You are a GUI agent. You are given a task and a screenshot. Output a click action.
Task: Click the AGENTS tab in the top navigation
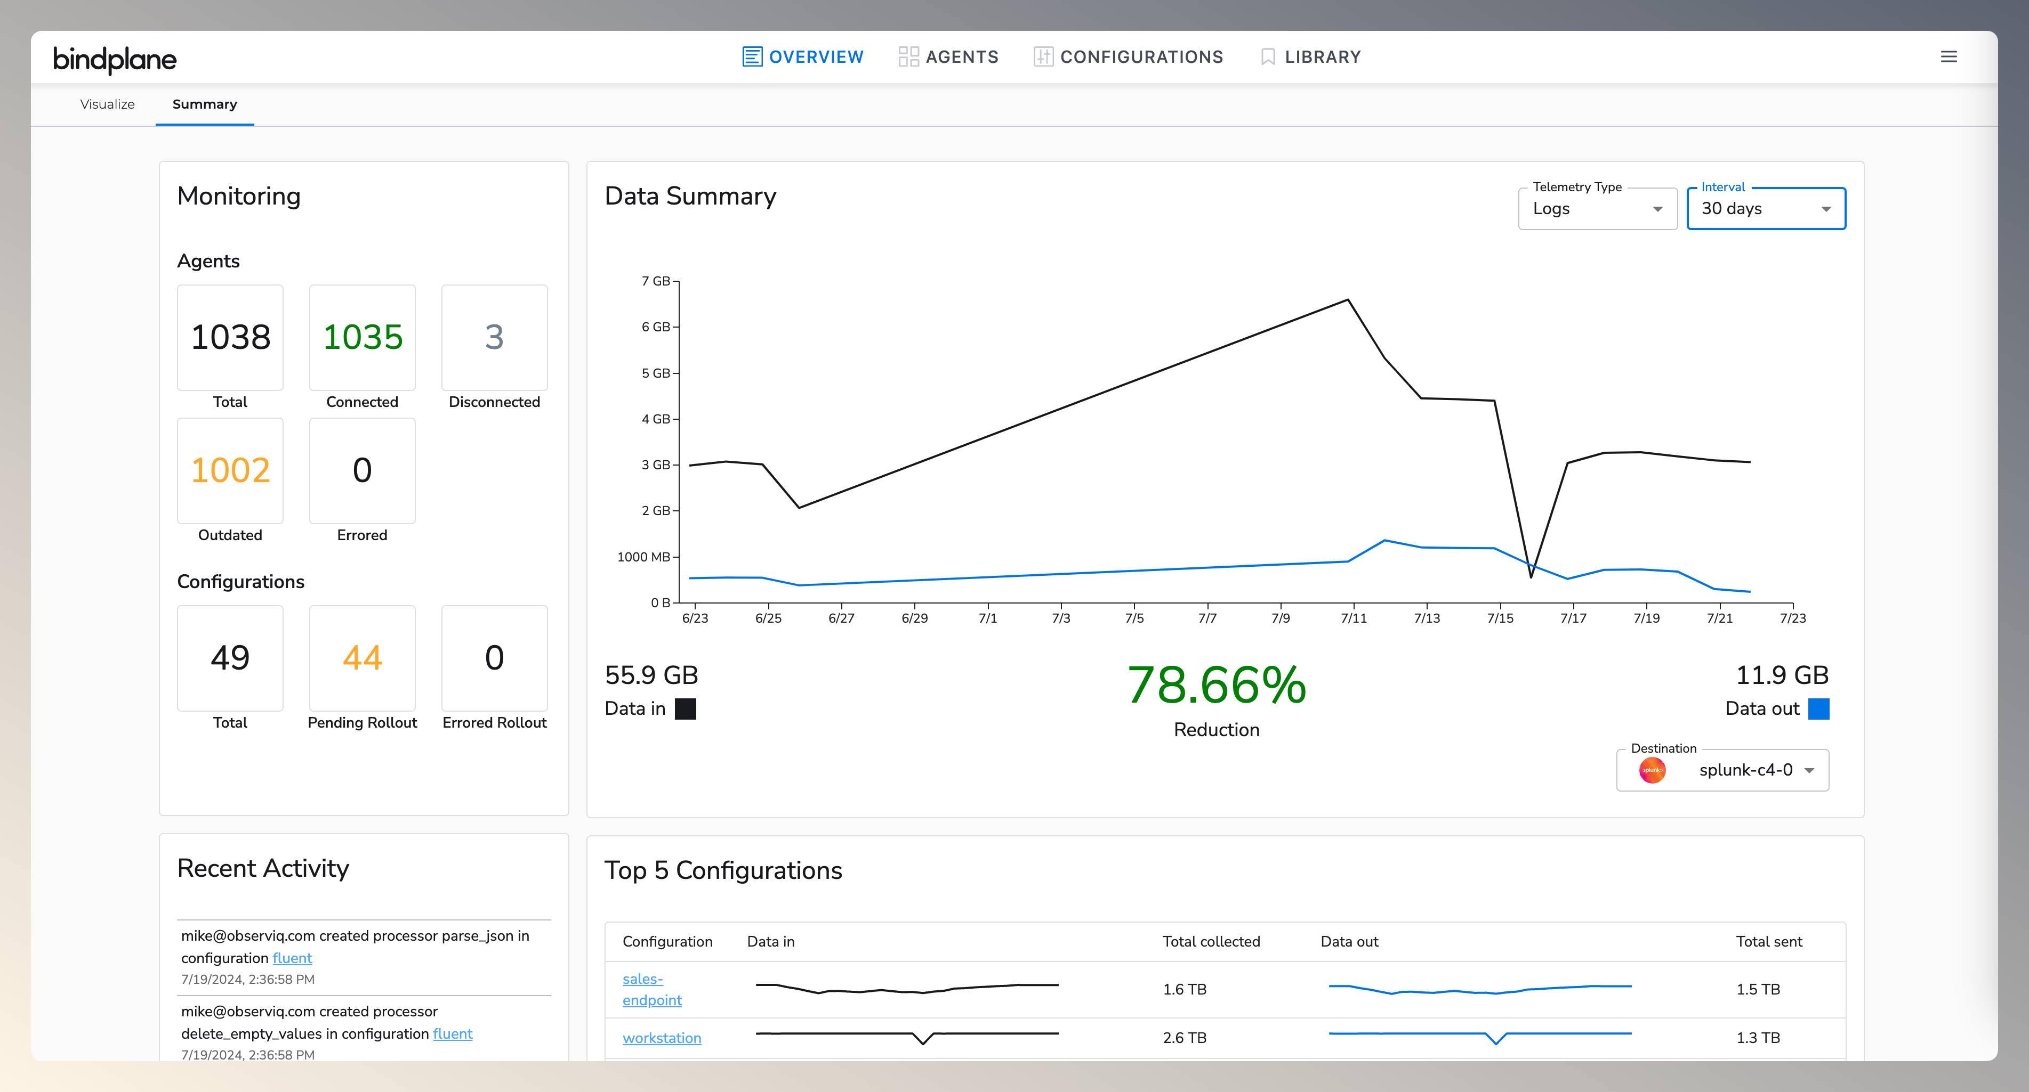[x=948, y=56]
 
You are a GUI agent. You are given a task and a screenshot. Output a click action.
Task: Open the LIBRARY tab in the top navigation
[x=1311, y=56]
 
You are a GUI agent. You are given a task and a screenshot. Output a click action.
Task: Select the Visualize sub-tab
[x=107, y=104]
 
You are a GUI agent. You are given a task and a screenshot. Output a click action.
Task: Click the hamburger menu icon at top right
[x=1949, y=56]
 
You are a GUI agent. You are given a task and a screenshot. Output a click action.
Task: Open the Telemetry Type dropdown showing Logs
[x=1597, y=209]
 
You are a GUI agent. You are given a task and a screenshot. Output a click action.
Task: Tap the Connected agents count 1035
[x=363, y=337]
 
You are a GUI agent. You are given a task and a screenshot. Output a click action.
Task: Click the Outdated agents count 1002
[x=230, y=470]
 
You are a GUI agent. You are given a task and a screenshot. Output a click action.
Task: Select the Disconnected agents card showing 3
[x=494, y=337]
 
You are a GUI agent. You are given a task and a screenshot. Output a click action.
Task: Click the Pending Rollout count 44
[x=363, y=657]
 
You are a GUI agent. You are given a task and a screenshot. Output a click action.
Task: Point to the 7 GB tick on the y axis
[x=656, y=281]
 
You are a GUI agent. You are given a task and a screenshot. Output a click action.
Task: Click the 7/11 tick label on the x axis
[x=1353, y=618]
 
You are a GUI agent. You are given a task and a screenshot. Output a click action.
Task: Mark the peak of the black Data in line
[x=1348, y=299]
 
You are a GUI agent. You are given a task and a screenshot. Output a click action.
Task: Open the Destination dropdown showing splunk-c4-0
[x=1722, y=770]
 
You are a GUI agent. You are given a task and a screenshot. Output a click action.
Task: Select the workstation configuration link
[x=662, y=1038]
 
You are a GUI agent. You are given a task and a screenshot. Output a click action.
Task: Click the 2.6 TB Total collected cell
[x=1184, y=1038]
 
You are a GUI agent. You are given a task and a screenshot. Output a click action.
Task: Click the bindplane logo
[x=115, y=59]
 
